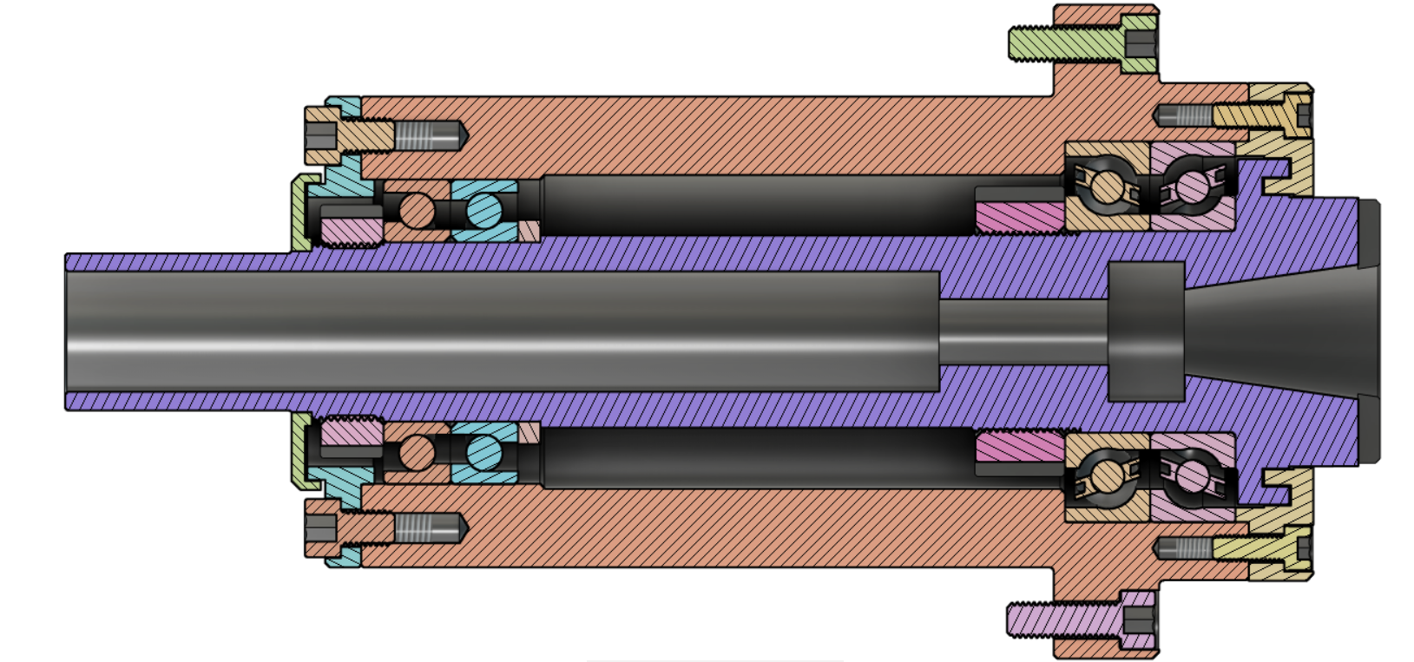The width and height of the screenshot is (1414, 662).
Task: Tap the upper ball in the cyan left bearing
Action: (484, 209)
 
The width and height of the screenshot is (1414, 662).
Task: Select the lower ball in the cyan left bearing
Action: (484, 451)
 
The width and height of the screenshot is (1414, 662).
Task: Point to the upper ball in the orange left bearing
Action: (417, 209)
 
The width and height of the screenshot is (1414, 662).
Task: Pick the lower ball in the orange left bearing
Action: (417, 451)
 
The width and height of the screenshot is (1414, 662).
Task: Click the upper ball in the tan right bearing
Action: (1106, 186)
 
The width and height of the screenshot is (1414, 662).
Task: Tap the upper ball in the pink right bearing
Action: (1193, 186)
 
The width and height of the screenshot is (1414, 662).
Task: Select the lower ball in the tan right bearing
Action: (1106, 475)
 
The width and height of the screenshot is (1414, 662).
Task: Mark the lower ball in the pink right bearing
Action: (1193, 475)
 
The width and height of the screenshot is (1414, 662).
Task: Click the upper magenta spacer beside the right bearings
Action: (1020, 218)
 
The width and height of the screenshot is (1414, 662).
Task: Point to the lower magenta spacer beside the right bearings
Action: (1020, 447)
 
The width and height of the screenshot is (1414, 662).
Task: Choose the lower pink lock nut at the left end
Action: (352, 431)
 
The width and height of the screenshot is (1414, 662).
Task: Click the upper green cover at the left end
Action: (301, 213)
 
